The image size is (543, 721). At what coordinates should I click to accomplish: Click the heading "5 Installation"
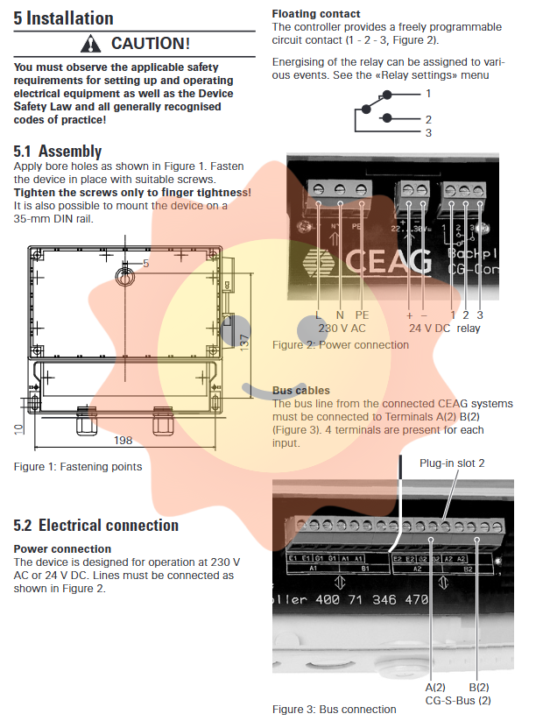pos(64,18)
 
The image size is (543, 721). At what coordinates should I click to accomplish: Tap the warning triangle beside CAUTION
pos(91,43)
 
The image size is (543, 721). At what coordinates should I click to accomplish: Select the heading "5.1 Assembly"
pos(58,151)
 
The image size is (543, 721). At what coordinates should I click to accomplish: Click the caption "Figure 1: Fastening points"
pos(77,466)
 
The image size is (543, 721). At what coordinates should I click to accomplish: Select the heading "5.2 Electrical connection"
pos(96,525)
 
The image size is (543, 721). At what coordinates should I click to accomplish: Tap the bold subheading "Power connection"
pos(62,548)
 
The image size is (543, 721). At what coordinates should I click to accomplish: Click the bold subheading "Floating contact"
pos(315,14)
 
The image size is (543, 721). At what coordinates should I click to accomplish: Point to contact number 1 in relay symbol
pos(428,93)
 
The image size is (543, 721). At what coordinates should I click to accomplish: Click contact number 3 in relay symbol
pos(428,133)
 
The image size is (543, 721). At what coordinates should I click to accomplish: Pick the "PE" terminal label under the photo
pos(363,315)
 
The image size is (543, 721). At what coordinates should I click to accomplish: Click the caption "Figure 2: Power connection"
pos(340,344)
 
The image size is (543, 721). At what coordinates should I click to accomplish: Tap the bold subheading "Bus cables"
pos(301,390)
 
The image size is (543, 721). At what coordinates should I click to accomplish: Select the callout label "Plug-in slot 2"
pos(451,462)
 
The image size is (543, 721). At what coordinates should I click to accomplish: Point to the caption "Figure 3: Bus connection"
pos(334,709)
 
